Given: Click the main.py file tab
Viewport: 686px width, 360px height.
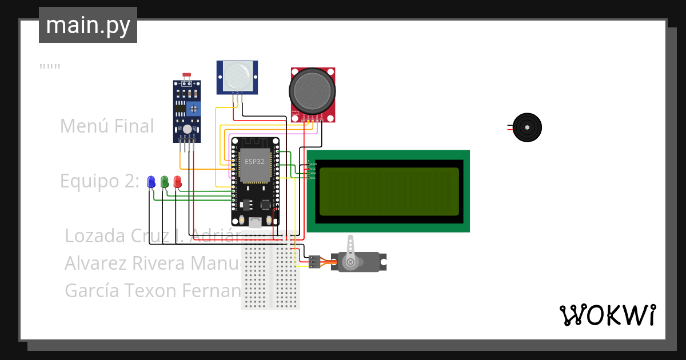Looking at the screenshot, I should [87, 25].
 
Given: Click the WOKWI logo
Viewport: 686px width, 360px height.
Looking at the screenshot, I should [607, 315].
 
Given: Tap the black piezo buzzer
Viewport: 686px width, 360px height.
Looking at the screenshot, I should [526, 127].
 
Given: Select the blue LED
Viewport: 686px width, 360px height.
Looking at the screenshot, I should [151, 182].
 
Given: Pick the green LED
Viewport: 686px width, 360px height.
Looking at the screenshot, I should [165, 182].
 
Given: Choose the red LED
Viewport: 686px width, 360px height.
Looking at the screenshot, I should [177, 182].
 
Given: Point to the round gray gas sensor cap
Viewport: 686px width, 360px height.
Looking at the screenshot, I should [312, 91].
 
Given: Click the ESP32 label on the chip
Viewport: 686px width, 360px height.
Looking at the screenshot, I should [255, 162].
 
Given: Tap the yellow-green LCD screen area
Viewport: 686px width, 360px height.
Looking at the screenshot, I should [389, 191].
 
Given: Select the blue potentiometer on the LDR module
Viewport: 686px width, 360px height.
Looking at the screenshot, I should [195, 107].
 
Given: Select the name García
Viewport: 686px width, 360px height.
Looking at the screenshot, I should [92, 290].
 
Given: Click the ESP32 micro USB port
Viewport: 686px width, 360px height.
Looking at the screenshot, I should [255, 222].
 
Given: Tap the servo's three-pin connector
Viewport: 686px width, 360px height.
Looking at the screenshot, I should [313, 262].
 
